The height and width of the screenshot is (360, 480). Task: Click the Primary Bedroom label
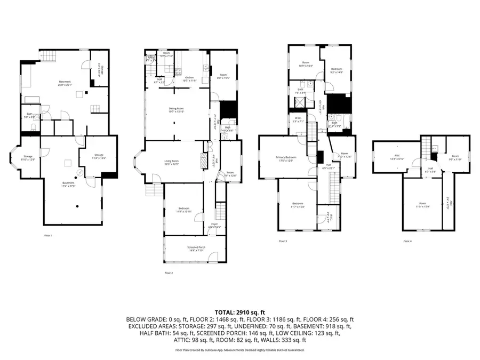286,158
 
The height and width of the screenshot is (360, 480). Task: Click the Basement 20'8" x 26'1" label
65,83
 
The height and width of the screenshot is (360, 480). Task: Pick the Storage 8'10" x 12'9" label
27,158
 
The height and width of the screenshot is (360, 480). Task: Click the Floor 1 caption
48,235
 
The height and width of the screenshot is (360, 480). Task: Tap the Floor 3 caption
283,241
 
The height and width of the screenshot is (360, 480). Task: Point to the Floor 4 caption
407,241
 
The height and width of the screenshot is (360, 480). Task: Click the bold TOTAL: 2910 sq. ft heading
239,311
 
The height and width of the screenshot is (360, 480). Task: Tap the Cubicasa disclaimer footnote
239,350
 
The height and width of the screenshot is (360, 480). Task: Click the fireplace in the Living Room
202,161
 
